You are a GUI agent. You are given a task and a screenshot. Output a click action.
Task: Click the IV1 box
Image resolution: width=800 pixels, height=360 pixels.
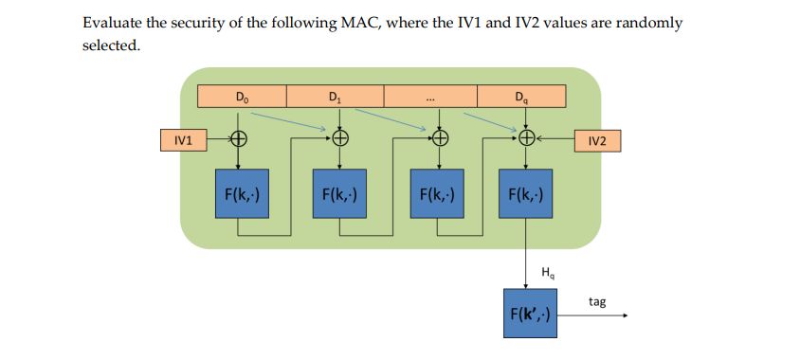tap(184, 140)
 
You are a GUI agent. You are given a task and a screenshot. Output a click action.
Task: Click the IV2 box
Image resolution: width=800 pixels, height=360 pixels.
tap(597, 140)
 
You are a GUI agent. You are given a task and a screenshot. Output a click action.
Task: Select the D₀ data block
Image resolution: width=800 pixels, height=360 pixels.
tap(243, 96)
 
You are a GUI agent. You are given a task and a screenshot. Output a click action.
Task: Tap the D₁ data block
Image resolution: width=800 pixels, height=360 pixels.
tap(335, 96)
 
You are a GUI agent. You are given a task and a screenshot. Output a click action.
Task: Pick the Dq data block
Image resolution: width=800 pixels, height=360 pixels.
tap(521, 96)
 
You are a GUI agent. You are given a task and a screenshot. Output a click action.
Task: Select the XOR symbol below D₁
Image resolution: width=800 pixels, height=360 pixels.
tap(338, 140)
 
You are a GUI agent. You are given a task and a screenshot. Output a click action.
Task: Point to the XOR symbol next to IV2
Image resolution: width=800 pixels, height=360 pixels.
tap(526, 140)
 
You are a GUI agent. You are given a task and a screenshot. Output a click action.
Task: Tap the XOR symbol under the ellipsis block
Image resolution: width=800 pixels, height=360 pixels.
tap(437, 140)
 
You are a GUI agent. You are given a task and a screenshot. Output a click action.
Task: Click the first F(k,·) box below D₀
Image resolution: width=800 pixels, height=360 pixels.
tap(241, 195)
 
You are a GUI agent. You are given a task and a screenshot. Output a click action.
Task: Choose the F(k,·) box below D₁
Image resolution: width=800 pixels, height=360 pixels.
tap(339, 195)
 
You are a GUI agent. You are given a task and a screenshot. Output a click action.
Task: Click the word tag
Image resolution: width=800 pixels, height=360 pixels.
tap(596, 301)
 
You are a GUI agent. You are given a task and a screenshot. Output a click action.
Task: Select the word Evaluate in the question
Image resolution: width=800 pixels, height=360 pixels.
tap(115, 23)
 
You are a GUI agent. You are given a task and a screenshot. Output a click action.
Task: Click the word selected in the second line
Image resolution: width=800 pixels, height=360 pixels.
tap(110, 45)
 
